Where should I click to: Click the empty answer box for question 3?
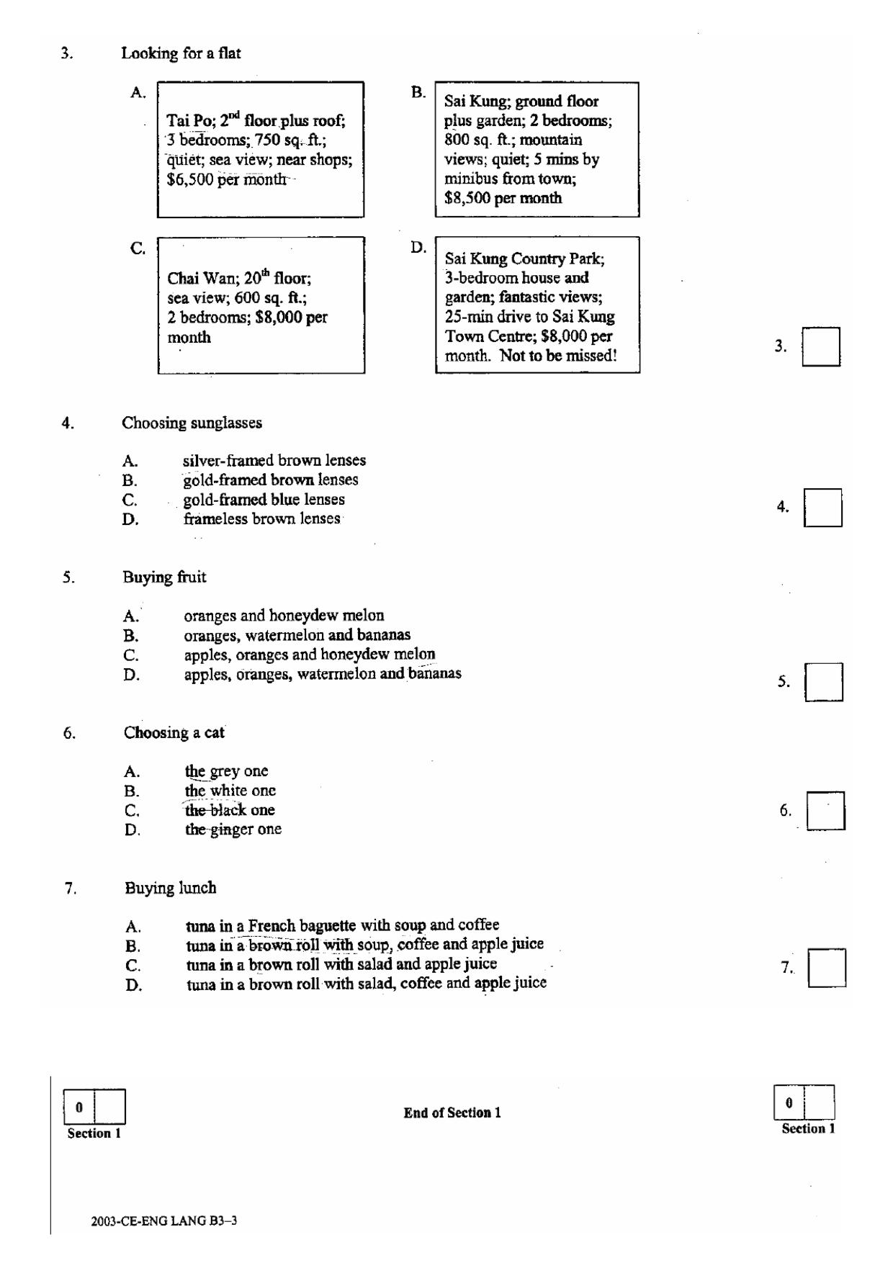(x=821, y=346)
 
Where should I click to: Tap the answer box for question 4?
(x=822, y=508)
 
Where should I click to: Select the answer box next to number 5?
(x=824, y=682)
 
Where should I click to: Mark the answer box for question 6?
(x=825, y=811)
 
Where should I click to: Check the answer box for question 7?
(x=827, y=968)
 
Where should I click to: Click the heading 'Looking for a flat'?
(x=181, y=53)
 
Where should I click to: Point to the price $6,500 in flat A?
(x=190, y=179)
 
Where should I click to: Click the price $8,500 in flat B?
(x=468, y=198)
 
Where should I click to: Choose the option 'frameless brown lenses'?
(x=261, y=518)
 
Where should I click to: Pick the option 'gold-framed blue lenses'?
(x=264, y=499)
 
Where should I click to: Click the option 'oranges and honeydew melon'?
(x=284, y=616)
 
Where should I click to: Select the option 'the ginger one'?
(x=233, y=830)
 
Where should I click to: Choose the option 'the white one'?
(x=230, y=791)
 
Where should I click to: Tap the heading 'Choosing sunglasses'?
(x=192, y=423)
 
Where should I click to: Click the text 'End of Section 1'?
(x=452, y=1113)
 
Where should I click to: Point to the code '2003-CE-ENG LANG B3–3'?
(x=164, y=1221)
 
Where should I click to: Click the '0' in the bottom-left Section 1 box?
(x=79, y=1107)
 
